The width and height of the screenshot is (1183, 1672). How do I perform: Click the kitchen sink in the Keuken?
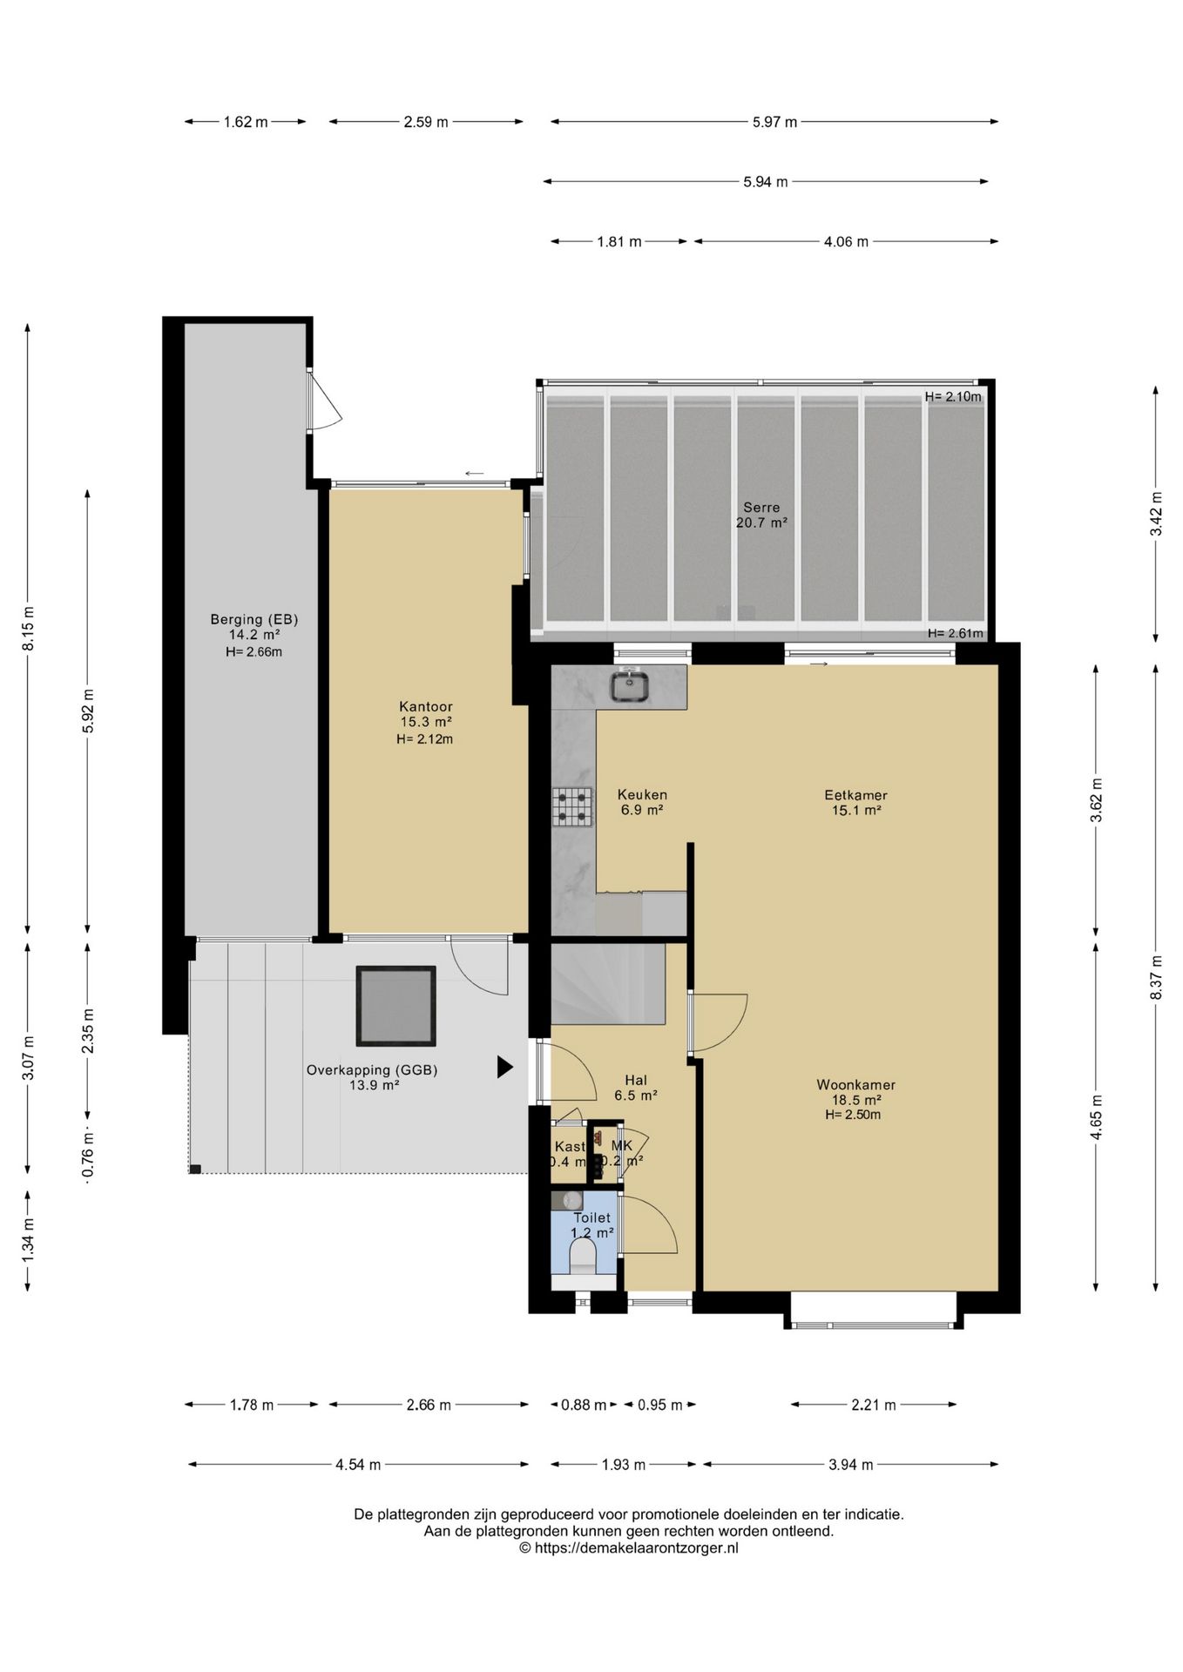629,685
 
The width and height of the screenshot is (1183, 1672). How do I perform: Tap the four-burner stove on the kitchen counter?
571,806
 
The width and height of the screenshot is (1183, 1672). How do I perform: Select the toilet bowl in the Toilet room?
582,1257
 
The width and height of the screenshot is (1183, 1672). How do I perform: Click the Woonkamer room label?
855,1085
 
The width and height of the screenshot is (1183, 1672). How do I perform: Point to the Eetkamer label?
855,795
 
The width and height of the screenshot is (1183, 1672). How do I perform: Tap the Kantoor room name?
426,706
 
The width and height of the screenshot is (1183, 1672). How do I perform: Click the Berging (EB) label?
254,620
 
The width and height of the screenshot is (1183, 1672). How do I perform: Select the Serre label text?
761,508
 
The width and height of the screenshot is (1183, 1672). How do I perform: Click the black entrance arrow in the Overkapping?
504,1067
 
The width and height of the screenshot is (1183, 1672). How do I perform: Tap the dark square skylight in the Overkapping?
395,1006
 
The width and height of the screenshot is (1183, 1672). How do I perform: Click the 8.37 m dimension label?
1156,977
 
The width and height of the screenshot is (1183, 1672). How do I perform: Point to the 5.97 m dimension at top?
775,122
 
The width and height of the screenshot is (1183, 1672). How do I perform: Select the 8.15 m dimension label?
28,629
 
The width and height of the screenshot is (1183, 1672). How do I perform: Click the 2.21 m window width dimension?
874,1405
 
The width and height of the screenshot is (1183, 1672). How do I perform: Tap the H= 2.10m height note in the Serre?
953,397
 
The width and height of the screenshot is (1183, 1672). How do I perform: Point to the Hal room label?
636,1081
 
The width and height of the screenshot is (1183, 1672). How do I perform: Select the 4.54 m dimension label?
358,1465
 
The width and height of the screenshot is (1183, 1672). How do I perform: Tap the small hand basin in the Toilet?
568,1201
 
